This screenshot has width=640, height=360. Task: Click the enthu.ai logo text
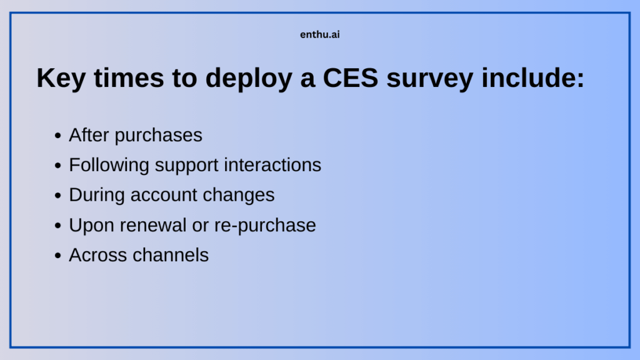[320, 35]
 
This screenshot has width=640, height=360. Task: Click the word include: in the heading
[538, 78]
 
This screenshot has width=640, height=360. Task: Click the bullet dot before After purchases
[58, 136]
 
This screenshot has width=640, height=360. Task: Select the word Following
[109, 165]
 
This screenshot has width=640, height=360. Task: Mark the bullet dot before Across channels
[58, 256]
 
